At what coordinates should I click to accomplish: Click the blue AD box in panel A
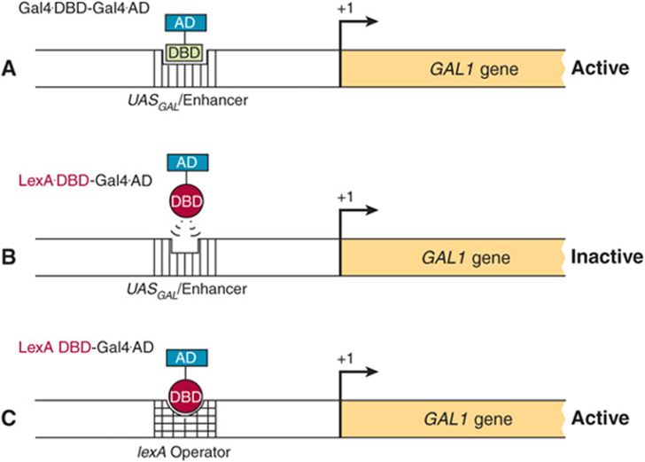[185, 23]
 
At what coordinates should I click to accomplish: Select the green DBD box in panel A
[184, 52]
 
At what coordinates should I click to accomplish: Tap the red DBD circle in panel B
[187, 201]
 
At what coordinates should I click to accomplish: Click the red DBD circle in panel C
[185, 396]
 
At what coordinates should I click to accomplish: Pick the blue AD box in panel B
[187, 162]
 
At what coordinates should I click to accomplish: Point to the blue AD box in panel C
[186, 358]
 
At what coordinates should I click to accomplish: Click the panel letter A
[9, 69]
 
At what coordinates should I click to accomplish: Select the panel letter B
[9, 257]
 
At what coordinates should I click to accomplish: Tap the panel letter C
[9, 419]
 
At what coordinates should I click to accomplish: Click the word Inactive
[607, 256]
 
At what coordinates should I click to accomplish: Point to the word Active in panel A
[600, 68]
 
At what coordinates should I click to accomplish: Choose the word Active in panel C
[600, 418]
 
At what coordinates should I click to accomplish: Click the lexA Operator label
[183, 452]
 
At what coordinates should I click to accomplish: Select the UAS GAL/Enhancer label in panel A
[188, 101]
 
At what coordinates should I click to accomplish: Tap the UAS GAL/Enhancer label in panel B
[187, 290]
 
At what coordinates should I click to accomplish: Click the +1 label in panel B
[346, 197]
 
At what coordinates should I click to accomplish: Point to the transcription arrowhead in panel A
[371, 21]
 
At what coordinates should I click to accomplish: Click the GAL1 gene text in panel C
[468, 419]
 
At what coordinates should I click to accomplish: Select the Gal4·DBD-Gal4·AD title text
[84, 8]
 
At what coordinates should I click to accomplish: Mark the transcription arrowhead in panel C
[371, 372]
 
